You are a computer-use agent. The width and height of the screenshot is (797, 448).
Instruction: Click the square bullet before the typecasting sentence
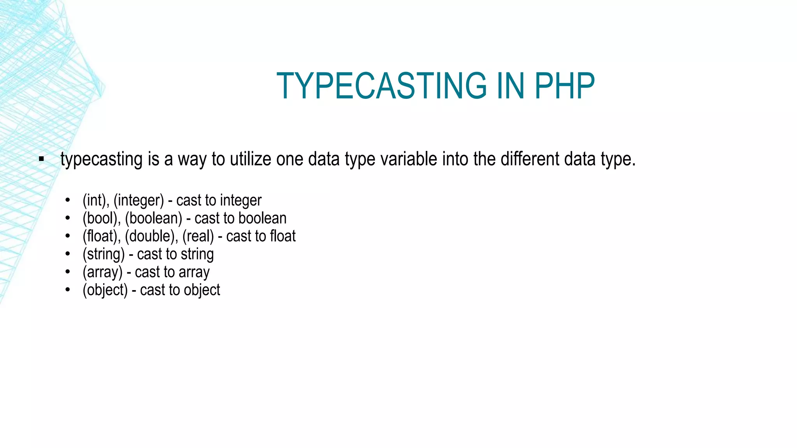tap(41, 159)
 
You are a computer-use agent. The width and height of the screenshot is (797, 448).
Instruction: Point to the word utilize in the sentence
tap(250, 159)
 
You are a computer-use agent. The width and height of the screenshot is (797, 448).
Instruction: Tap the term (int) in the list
tap(94, 201)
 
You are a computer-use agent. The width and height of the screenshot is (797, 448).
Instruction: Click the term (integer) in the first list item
tap(139, 201)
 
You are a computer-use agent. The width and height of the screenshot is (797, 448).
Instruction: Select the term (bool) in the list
tap(100, 219)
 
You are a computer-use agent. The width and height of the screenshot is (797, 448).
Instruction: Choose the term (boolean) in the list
tap(153, 219)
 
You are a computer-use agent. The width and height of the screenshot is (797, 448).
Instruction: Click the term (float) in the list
tap(100, 236)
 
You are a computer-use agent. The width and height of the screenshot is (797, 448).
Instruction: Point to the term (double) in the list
tap(149, 236)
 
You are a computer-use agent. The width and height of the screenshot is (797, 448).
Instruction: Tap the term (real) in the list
tap(198, 236)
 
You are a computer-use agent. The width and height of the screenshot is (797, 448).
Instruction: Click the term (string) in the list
tap(104, 254)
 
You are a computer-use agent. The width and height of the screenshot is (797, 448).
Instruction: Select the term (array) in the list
tap(102, 272)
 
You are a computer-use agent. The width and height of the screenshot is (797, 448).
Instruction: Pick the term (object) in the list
tap(105, 290)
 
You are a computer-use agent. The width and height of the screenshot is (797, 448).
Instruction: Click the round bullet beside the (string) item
tap(68, 254)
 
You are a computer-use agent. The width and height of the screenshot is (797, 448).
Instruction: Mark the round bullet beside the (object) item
tap(68, 290)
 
